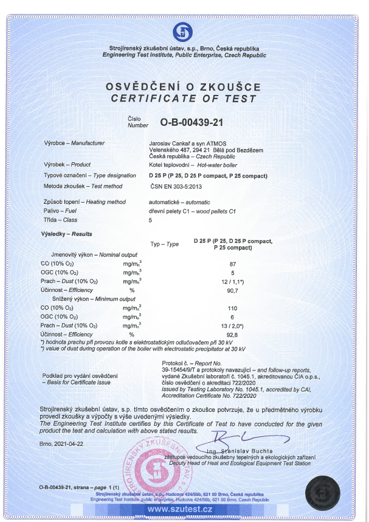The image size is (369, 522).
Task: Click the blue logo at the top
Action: (184, 31)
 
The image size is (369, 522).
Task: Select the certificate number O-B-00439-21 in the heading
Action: (192, 122)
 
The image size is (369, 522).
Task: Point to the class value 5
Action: (151, 220)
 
